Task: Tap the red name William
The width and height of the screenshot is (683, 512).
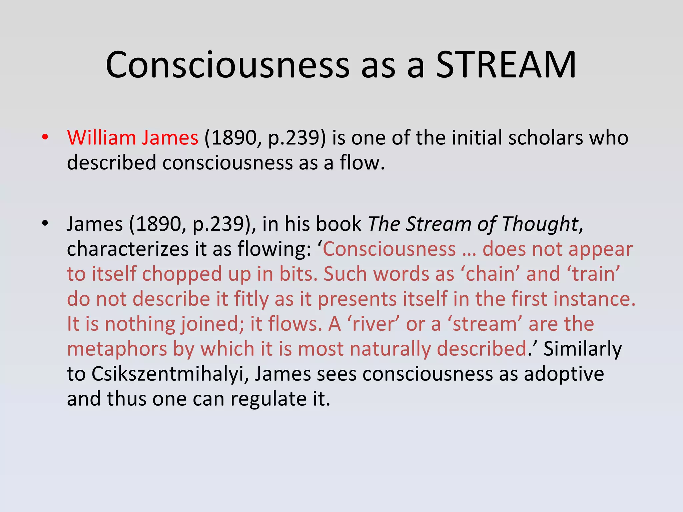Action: click(101, 138)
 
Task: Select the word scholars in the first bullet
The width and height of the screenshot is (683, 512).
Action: click(545, 138)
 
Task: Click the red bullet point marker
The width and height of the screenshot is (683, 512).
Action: click(45, 137)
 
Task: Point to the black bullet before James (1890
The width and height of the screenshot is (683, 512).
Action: click(45, 223)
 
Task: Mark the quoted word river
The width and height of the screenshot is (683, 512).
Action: click(373, 324)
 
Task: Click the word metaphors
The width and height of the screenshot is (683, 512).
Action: click(117, 349)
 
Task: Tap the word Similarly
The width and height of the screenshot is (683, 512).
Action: click(582, 349)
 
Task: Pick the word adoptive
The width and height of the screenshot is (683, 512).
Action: click(564, 374)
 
